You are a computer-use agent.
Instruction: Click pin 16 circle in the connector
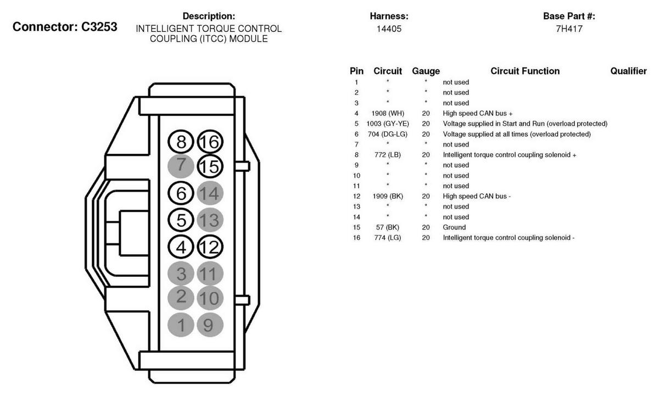209,142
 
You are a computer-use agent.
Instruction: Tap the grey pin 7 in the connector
181,166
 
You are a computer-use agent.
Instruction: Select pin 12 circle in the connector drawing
209,247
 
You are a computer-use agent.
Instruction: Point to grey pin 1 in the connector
181,325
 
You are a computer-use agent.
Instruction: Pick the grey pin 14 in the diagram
209,193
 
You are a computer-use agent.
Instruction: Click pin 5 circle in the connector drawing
181,220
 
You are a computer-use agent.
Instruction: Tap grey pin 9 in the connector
209,325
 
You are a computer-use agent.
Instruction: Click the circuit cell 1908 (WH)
388,113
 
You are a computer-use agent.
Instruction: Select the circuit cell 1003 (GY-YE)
388,124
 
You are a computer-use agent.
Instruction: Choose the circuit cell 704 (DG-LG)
388,134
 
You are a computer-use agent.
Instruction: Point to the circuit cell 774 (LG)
388,238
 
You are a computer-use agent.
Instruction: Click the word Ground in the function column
454,227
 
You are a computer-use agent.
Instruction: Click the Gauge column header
426,71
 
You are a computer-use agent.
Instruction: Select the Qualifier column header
628,71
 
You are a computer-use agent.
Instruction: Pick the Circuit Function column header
525,71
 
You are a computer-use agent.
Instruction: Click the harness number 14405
389,29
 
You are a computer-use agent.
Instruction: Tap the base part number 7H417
569,29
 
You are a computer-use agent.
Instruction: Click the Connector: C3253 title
65,27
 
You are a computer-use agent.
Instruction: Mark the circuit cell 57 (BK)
388,227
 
